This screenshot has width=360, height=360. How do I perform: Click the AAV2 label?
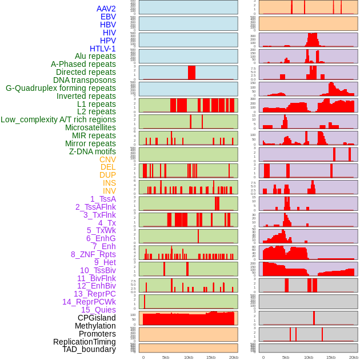[106, 9]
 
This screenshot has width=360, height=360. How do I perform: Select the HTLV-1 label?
[102, 49]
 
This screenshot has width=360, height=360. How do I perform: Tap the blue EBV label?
[107, 17]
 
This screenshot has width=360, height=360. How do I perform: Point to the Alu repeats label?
[95, 56]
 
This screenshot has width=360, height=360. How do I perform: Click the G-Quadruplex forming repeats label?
[61, 88]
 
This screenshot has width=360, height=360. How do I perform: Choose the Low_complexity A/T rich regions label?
[58, 119]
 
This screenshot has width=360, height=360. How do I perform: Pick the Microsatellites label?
[90, 127]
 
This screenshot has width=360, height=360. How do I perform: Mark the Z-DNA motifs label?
[92, 151]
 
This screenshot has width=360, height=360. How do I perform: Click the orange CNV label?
[107, 159]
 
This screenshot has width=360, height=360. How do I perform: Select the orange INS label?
[109, 183]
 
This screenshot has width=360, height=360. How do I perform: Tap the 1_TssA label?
[103, 199]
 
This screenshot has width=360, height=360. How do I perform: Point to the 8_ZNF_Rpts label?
[93, 254]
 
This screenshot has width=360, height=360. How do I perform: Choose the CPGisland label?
[97, 318]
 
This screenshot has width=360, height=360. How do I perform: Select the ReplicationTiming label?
[84, 342]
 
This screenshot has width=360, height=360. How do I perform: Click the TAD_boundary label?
[89, 349]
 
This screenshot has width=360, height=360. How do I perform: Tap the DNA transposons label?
[85, 80]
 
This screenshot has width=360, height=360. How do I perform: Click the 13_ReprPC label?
[94, 294]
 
